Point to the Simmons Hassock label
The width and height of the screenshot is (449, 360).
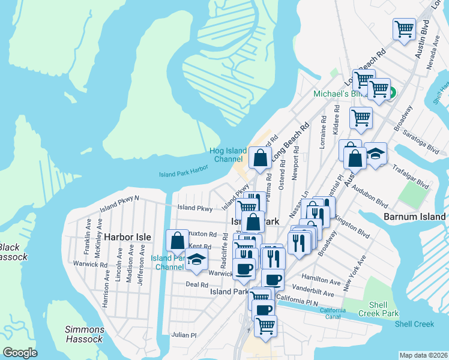click(x=85, y=334)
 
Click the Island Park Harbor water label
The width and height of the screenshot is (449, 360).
click(x=183, y=170)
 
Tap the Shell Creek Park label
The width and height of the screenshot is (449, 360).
click(x=379, y=308)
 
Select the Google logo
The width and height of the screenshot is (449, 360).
click(x=19, y=352)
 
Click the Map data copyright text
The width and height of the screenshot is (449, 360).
click(x=424, y=355)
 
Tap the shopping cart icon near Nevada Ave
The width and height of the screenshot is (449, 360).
click(x=405, y=28)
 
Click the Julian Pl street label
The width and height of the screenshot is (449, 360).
click(x=184, y=335)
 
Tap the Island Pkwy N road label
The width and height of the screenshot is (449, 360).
click(x=119, y=202)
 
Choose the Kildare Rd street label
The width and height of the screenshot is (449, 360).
click(x=339, y=121)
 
